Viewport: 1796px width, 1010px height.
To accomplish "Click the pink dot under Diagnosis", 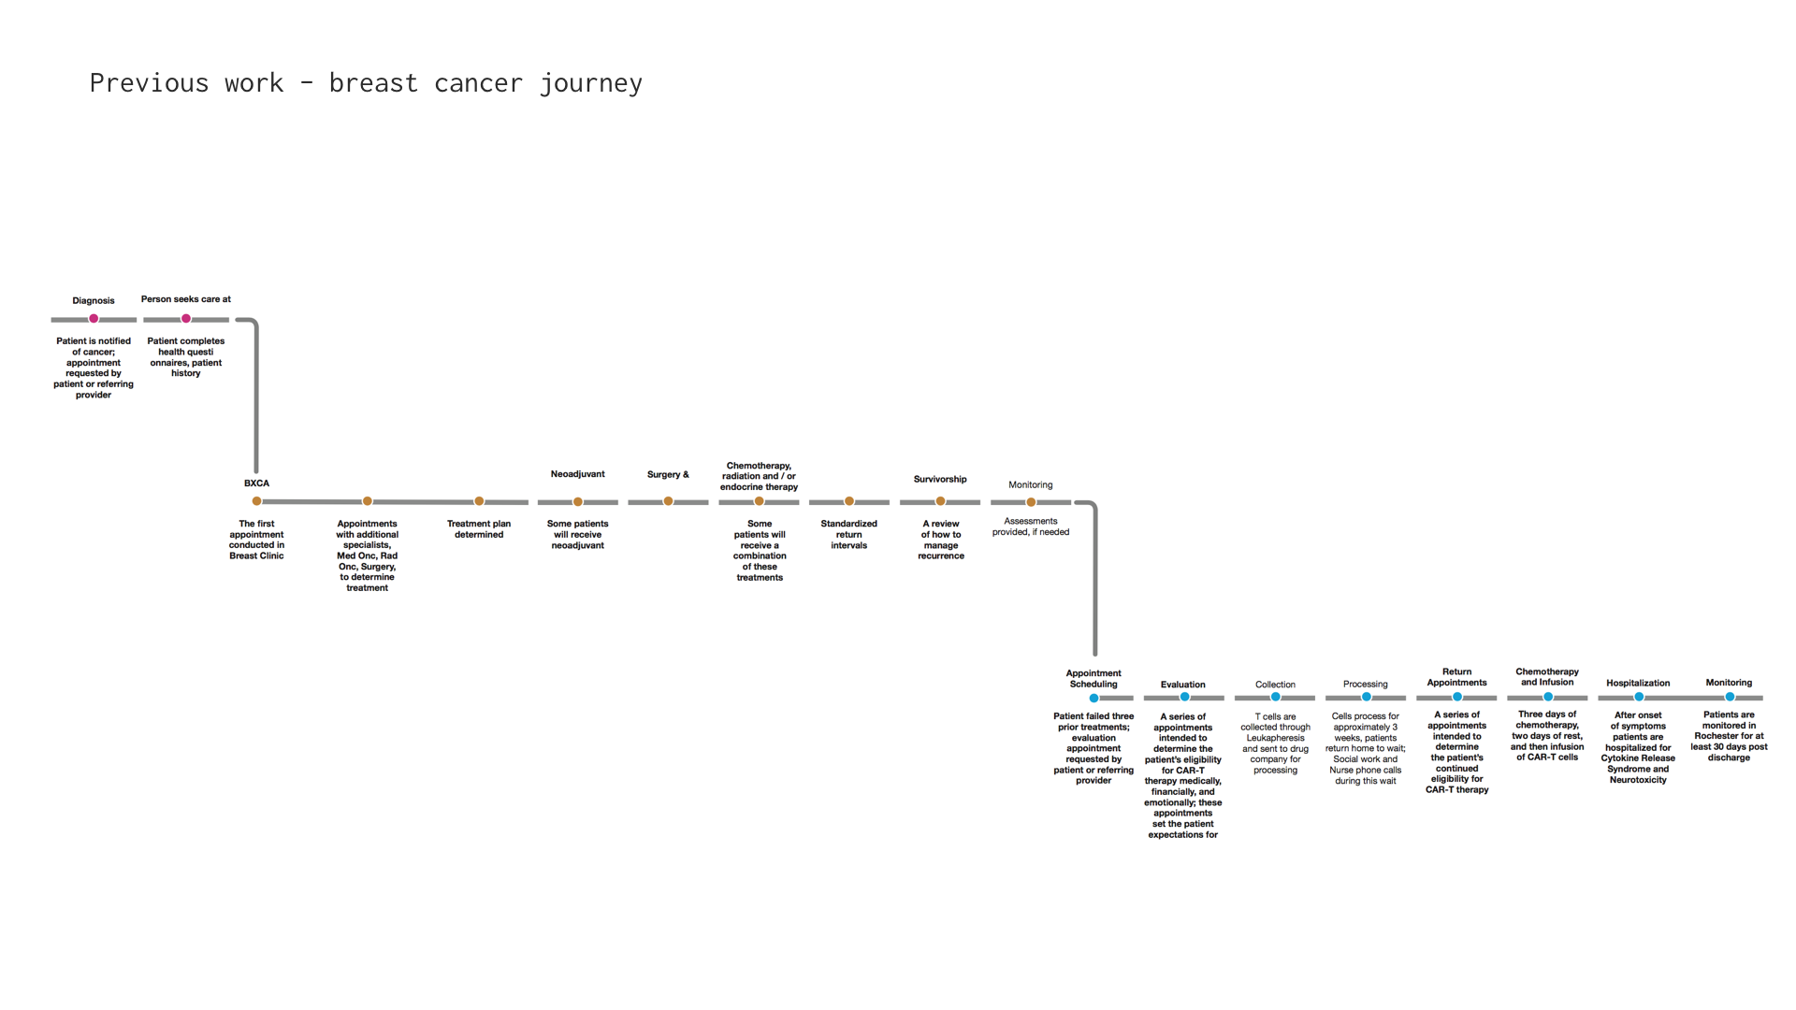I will pos(94,319).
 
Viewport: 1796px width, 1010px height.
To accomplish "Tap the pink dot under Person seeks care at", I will pos(186,319).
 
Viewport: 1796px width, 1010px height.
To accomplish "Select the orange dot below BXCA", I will pos(257,501).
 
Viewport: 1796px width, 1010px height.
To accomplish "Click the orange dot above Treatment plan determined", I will pos(479,501).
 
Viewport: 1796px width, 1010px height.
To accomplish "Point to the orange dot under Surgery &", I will pos(668,501).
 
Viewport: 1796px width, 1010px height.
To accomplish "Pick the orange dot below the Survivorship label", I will pos(940,501).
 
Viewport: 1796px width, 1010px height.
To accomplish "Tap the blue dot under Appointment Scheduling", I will pos(1094,698).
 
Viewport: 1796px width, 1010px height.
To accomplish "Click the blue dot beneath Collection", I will pos(1275,697).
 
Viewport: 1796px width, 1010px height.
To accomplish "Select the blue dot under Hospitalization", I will pos(1639,697).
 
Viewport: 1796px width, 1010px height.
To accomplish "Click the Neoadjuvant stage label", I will pos(577,474).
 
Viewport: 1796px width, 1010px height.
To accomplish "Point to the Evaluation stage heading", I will pos(1182,685).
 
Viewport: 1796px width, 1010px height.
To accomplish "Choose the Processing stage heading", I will pos(1365,685).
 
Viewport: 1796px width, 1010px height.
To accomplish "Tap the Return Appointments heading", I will pos(1456,677).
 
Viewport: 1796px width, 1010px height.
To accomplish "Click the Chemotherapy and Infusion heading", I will pos(1547,677).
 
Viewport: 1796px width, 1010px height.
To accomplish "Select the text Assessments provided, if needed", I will pos(1030,527).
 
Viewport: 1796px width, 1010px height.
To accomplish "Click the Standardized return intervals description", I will pos(848,534).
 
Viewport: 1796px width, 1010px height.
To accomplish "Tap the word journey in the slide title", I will pos(590,83).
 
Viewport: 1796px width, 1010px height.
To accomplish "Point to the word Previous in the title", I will pos(149,83).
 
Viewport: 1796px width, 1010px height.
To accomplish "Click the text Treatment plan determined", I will pos(479,529).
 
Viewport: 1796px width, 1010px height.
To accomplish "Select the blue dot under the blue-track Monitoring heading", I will pos(1730,697).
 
